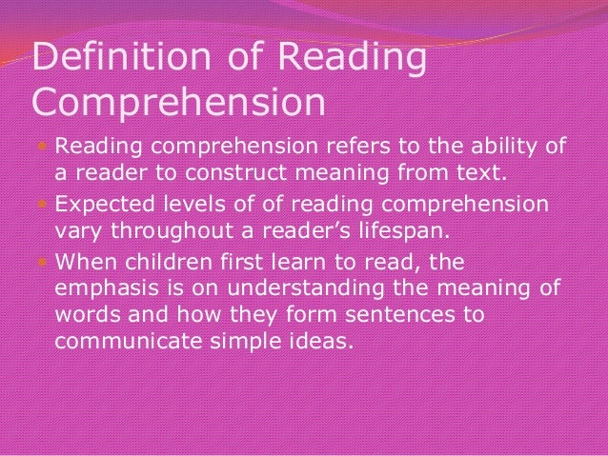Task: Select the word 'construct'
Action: pyautogui.click(x=274, y=176)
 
